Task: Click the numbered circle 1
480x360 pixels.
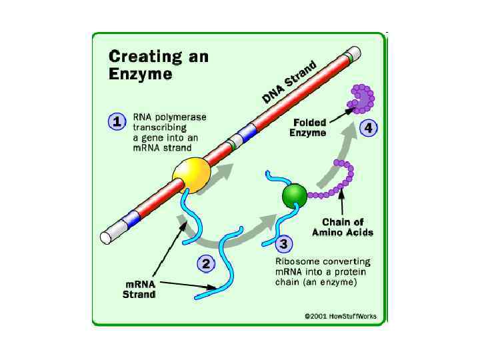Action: click(117, 123)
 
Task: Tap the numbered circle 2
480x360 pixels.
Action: click(207, 264)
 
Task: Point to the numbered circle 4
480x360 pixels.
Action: click(366, 128)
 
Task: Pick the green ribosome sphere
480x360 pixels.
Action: click(294, 195)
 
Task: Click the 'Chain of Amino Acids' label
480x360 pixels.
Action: click(343, 227)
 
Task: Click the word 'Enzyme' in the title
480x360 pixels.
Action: click(141, 73)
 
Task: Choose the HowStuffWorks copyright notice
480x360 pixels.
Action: click(340, 317)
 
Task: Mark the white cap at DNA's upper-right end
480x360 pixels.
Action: click(355, 53)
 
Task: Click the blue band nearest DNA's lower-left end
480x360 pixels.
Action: click(131, 218)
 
